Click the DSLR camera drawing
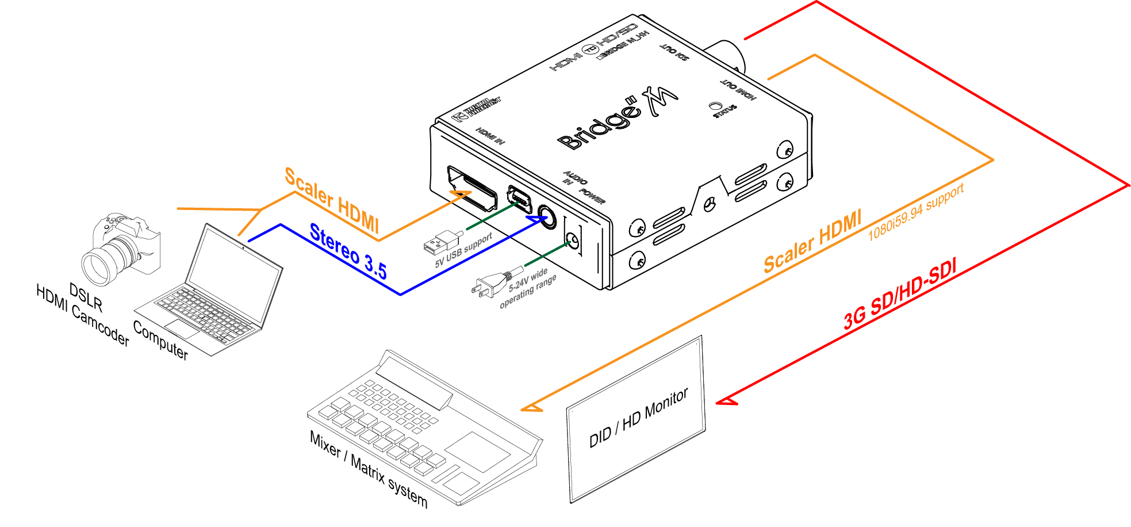121,247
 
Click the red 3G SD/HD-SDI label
900,293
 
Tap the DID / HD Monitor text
638,418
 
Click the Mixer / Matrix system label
369,469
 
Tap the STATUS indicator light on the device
715,105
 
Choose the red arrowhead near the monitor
726,401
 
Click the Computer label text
160,340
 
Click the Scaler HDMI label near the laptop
332,199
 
